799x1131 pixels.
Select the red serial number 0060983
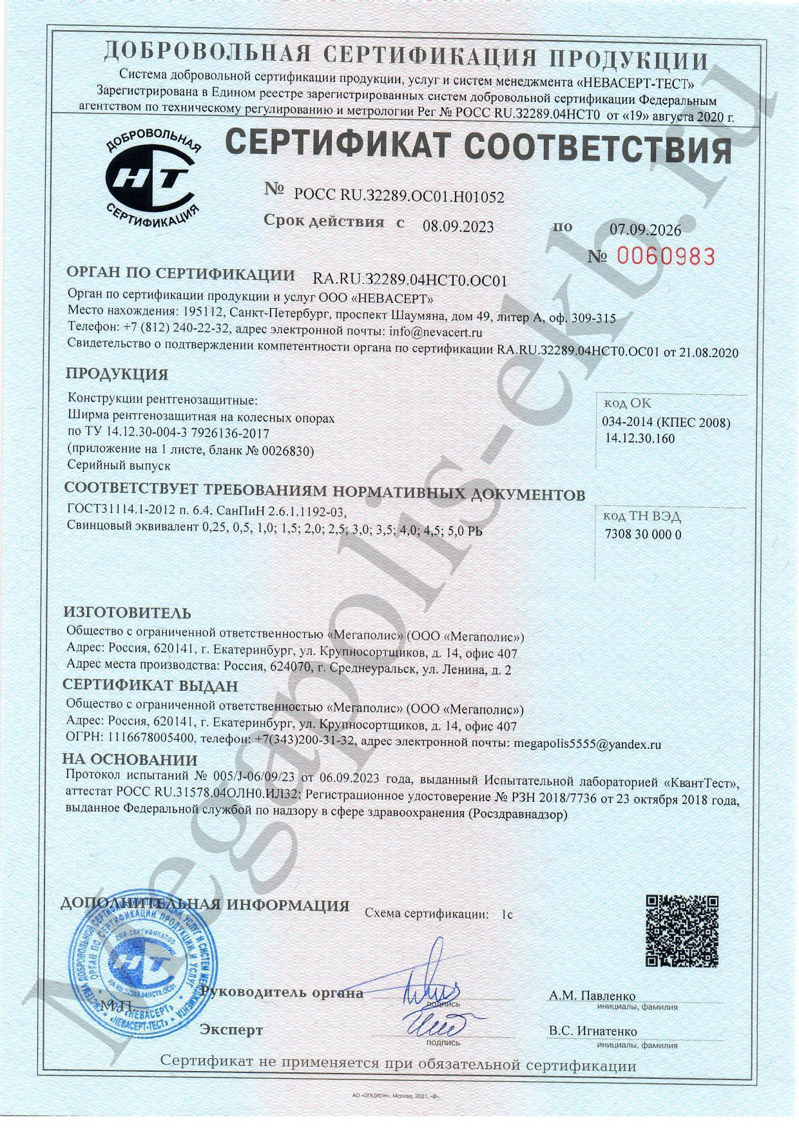[666, 256]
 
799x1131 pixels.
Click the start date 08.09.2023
[458, 226]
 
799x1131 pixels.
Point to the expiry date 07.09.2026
[645, 229]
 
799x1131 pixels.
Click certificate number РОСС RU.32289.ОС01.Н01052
[399, 196]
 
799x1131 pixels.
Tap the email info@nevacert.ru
[436, 333]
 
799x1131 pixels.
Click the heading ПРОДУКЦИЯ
[117, 374]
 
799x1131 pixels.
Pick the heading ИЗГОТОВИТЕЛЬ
[127, 612]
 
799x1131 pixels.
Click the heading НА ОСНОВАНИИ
[130, 760]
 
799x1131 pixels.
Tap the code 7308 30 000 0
[643, 534]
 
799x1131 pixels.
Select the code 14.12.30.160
[640, 438]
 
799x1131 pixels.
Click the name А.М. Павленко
[592, 996]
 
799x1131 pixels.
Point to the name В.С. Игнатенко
[593, 1031]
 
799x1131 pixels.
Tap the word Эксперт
[232, 1030]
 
